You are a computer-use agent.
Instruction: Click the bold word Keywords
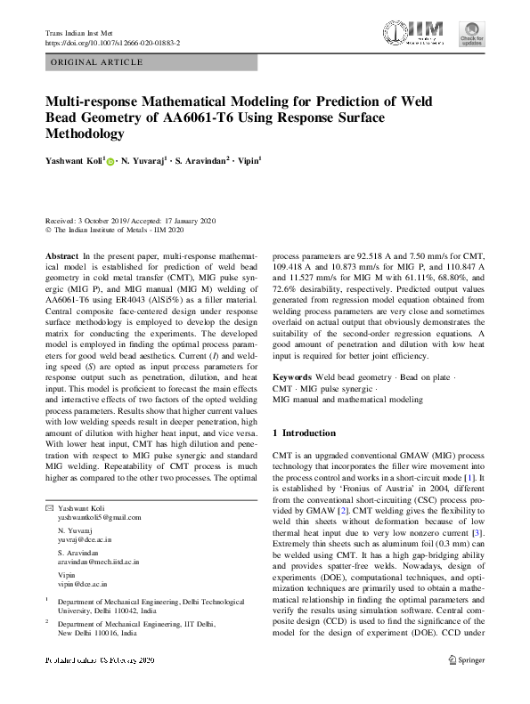tap(291, 378)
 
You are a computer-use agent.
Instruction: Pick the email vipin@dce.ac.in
tap(81, 586)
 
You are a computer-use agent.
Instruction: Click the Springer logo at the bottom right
tap(466, 659)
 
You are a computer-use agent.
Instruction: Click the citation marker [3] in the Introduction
tap(477, 506)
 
